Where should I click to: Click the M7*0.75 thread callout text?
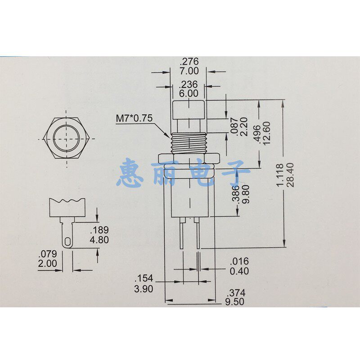(134, 118)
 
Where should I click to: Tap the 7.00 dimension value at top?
(189, 71)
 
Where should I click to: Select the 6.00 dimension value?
(189, 94)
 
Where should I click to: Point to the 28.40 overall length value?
(290, 175)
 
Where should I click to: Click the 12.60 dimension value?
(266, 133)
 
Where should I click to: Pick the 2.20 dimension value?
(243, 127)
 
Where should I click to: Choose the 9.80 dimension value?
(245, 194)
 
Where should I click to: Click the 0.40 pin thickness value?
(239, 271)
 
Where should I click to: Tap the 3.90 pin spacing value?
(144, 289)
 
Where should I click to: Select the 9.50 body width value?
(234, 301)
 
